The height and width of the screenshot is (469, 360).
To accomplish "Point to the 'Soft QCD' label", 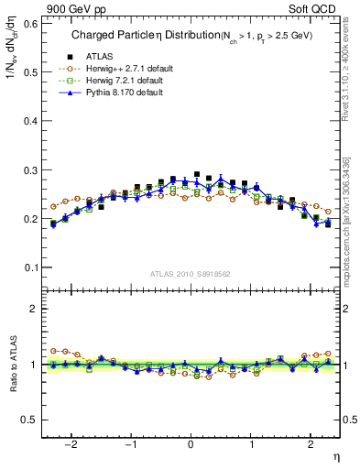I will click(315, 10).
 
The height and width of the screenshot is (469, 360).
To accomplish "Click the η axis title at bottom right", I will click(336, 455).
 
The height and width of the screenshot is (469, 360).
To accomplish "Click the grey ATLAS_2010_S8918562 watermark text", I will click(190, 273).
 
